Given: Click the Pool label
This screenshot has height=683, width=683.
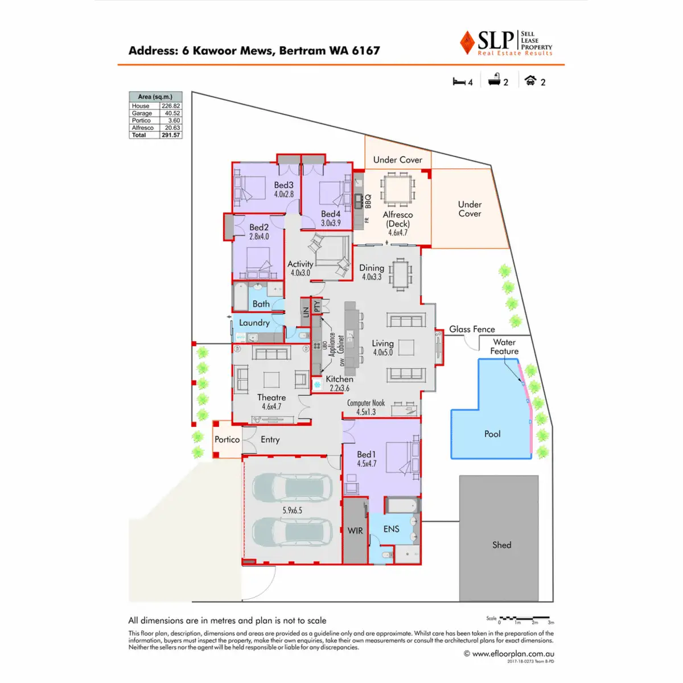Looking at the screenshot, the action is click(x=492, y=434).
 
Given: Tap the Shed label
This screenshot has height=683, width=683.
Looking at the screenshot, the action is click(x=501, y=545).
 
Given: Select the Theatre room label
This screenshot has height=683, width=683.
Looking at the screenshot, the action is click(x=271, y=397).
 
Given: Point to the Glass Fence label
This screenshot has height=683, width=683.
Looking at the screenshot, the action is click(x=472, y=329).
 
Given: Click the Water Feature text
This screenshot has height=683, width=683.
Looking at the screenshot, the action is click(x=504, y=347).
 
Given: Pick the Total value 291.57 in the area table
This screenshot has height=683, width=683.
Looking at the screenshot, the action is click(x=171, y=135).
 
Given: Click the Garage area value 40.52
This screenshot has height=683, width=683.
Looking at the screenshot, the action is click(x=172, y=113).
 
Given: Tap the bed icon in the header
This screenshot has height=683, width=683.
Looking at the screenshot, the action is click(x=459, y=81).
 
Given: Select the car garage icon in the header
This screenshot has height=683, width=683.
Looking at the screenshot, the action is click(x=530, y=80).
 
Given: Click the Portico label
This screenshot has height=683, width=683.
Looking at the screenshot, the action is click(x=227, y=439).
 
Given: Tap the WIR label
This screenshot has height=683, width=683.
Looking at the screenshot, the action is click(x=355, y=530).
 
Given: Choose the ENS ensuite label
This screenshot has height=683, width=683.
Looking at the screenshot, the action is click(x=391, y=529).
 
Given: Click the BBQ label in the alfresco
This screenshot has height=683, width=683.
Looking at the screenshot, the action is click(x=368, y=201).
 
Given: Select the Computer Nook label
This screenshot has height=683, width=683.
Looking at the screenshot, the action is click(x=366, y=403).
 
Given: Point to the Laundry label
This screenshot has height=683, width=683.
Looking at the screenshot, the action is click(x=254, y=323).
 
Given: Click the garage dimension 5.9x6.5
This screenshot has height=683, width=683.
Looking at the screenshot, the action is click(x=292, y=511).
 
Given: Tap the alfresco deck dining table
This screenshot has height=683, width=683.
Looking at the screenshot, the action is click(x=398, y=189).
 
